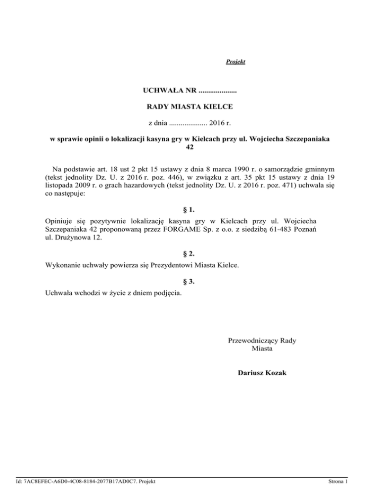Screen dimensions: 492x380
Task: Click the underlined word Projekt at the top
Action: [x=236, y=62]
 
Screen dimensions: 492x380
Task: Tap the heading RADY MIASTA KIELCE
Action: [x=190, y=106]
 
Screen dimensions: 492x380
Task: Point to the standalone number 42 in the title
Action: [x=190, y=147]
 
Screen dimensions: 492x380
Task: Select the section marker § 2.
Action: [x=190, y=255]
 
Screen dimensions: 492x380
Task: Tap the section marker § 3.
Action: [x=190, y=283]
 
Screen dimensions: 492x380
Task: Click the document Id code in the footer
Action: [x=84, y=481]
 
